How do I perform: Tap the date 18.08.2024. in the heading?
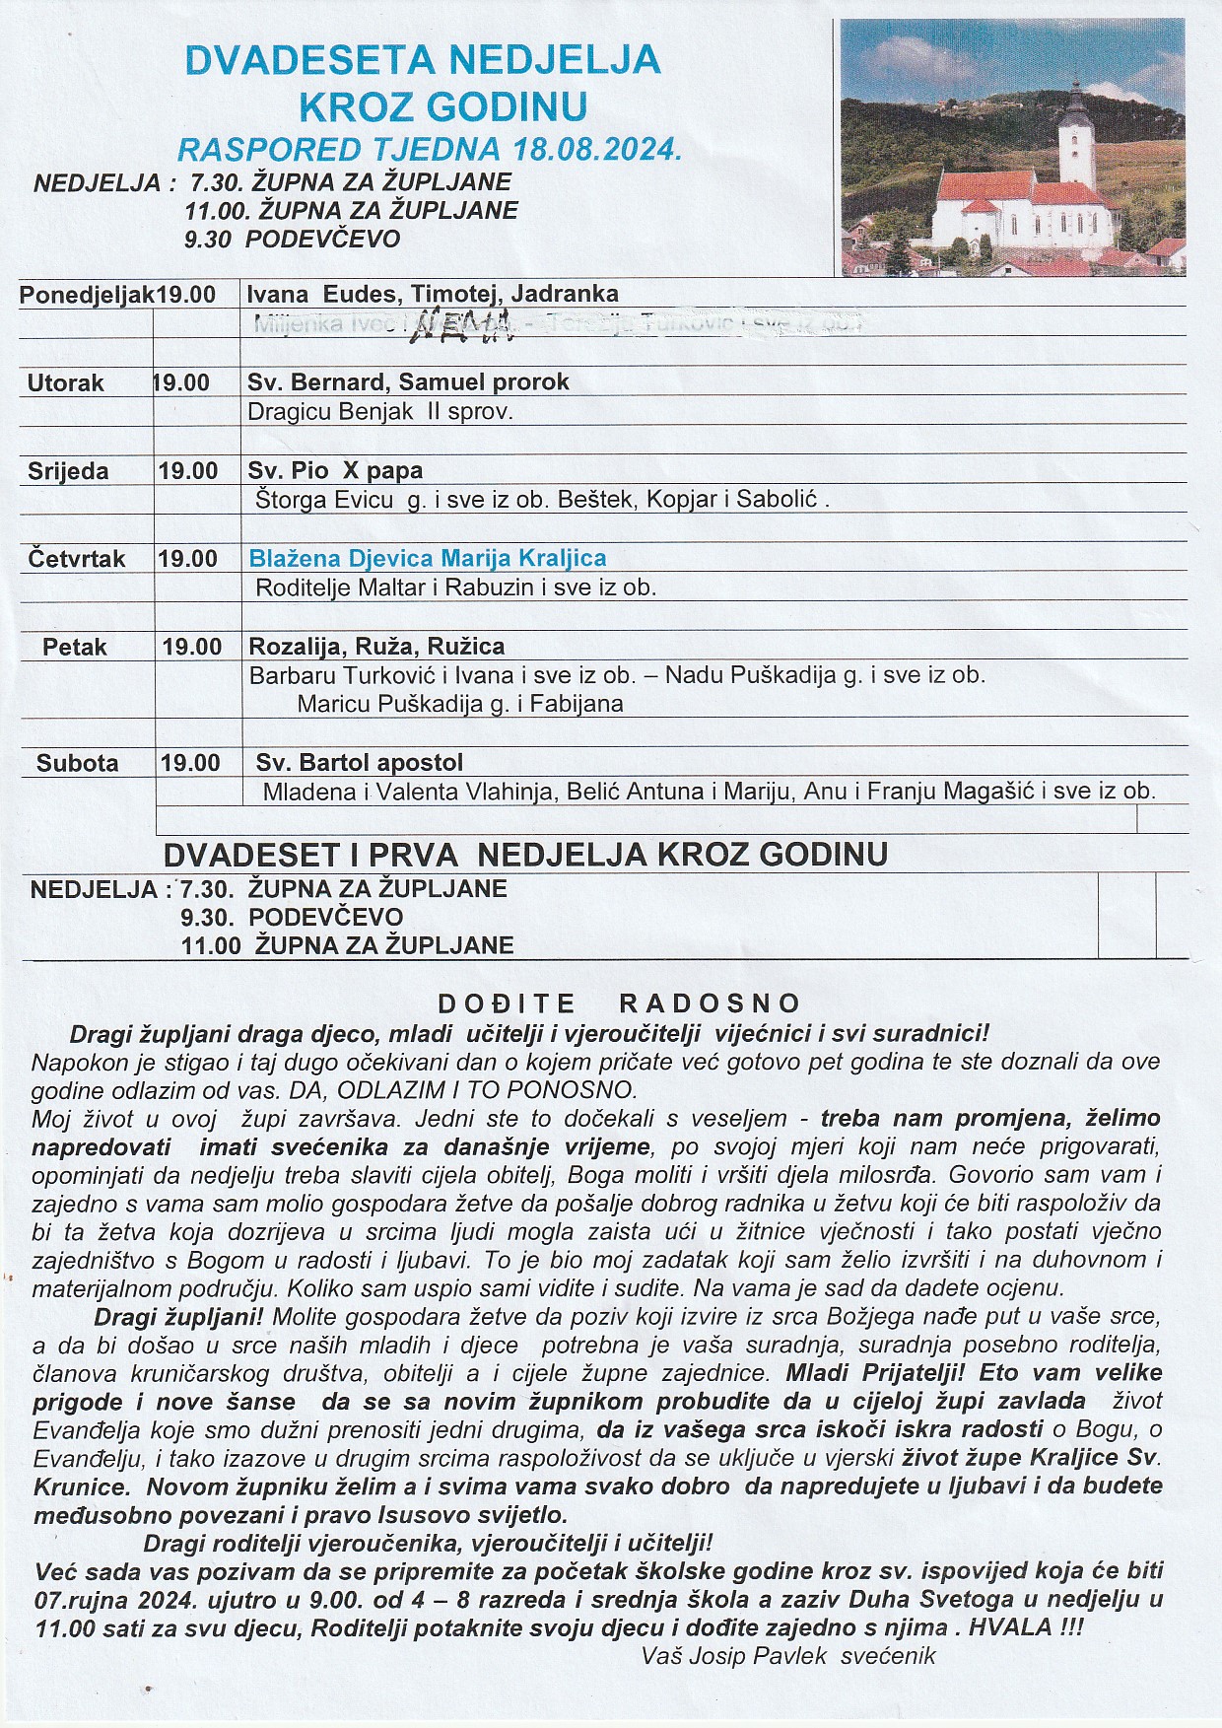(x=597, y=150)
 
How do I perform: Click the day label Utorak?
(x=66, y=382)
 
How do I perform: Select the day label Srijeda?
(x=68, y=471)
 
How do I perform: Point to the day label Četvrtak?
(x=77, y=559)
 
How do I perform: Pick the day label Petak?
(x=75, y=648)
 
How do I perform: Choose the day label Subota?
(x=78, y=763)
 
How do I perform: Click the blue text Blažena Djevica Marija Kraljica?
(x=427, y=558)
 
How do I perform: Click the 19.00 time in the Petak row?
(x=192, y=647)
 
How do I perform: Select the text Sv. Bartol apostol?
(x=359, y=762)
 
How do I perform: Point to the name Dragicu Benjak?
(x=330, y=411)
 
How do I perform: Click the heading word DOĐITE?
(x=507, y=1003)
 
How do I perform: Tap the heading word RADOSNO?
(x=710, y=1003)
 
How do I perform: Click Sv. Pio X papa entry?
(x=335, y=470)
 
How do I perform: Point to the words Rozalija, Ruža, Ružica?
(x=376, y=647)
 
